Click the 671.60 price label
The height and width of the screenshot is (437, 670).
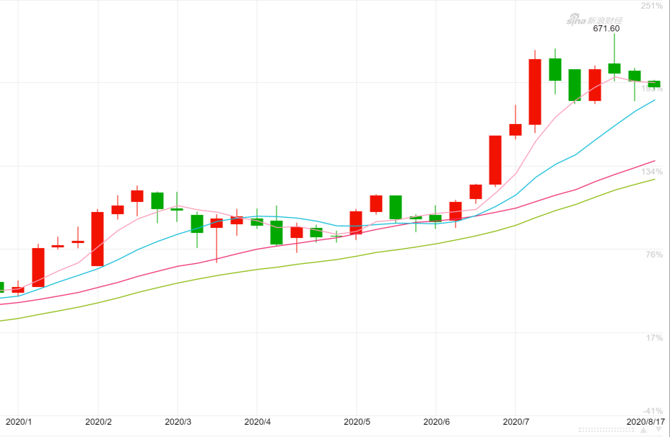coord(606,29)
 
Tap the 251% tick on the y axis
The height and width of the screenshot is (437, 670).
coord(652,6)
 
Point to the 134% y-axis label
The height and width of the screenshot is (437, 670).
coord(652,172)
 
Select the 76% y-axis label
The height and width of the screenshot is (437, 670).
coord(653,255)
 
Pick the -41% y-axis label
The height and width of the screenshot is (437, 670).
coord(652,411)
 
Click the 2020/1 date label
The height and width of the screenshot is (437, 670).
coord(19,422)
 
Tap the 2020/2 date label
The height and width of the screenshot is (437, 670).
coord(98,422)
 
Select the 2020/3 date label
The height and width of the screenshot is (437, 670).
coord(178,422)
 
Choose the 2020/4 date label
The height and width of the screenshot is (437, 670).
coord(257,422)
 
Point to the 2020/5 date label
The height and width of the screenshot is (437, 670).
coord(357,422)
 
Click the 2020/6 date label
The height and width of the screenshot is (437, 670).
coord(436,422)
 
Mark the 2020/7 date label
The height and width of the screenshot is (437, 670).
coord(515,422)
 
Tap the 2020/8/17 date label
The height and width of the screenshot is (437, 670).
coord(645,422)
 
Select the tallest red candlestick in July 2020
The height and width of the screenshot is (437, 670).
coord(535,92)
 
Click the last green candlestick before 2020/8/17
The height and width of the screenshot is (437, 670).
coord(654,84)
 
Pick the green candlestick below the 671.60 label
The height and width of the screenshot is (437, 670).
coord(614,69)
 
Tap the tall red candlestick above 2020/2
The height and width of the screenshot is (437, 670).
coord(97,239)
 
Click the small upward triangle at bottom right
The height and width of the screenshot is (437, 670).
coord(644,430)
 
